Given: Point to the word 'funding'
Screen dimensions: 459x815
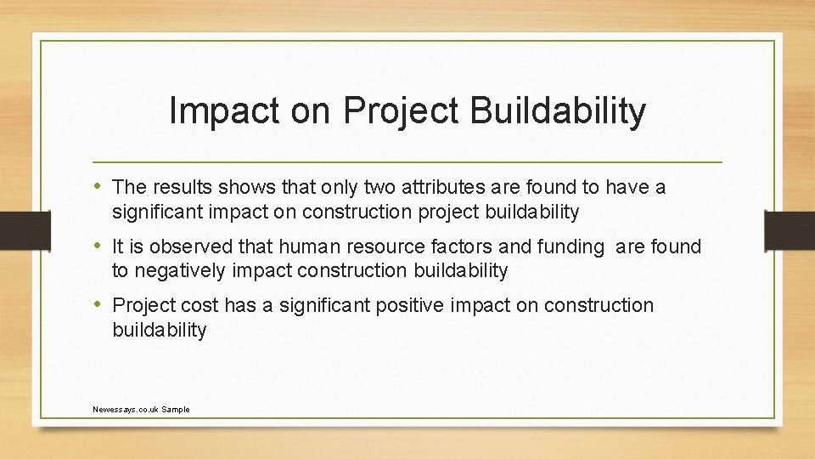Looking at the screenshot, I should pos(574,247).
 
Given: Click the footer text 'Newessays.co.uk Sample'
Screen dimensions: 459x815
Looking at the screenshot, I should pos(141,410).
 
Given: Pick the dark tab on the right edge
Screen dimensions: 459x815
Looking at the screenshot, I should pos(790,229).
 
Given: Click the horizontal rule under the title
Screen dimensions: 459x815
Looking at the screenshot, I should pos(407,161).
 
